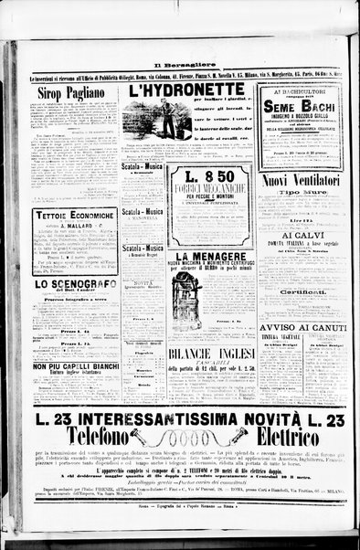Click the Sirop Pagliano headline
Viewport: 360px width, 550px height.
click(73, 92)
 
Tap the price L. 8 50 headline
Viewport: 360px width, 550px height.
click(212, 176)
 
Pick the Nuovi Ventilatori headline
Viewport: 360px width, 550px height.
click(299, 181)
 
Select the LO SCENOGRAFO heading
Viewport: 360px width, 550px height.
click(74, 283)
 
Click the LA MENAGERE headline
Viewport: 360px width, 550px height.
click(212, 258)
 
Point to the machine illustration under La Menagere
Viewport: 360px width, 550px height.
click(185, 298)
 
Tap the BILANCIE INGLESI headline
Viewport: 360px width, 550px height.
click(212, 352)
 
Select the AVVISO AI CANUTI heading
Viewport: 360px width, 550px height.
click(299, 326)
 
